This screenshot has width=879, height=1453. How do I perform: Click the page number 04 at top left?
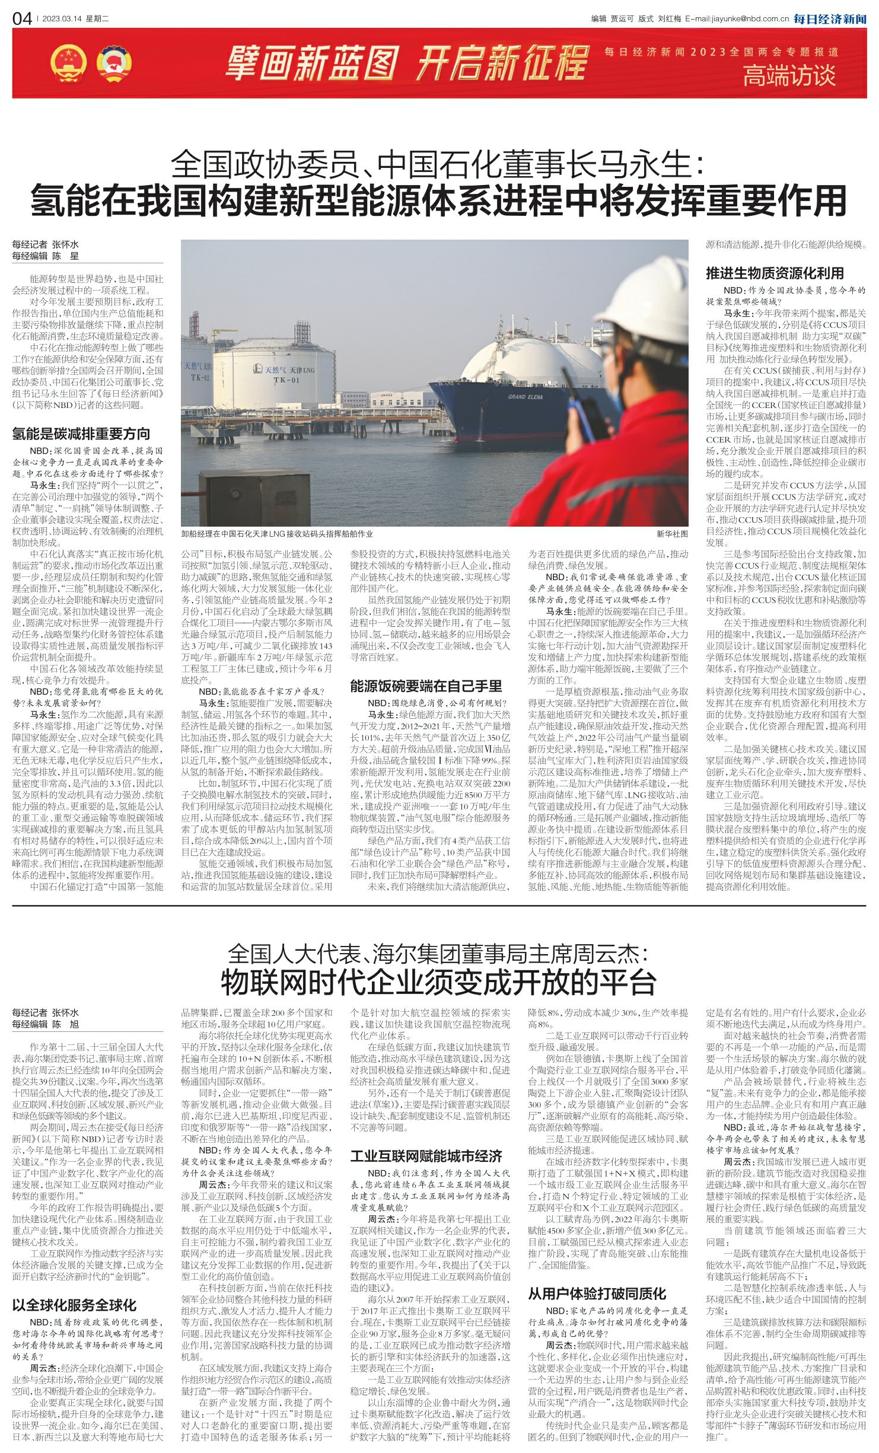(22, 19)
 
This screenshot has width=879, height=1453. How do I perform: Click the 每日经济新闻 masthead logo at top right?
(830, 19)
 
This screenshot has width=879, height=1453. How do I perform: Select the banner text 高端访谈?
(789, 76)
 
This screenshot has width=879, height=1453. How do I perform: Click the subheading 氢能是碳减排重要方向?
(81, 434)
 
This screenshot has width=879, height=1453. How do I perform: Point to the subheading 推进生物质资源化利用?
(775, 273)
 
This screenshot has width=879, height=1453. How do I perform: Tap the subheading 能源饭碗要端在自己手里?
(426, 686)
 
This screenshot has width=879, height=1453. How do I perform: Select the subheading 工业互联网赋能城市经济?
(426, 1156)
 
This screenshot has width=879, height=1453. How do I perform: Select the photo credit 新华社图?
(672, 534)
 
